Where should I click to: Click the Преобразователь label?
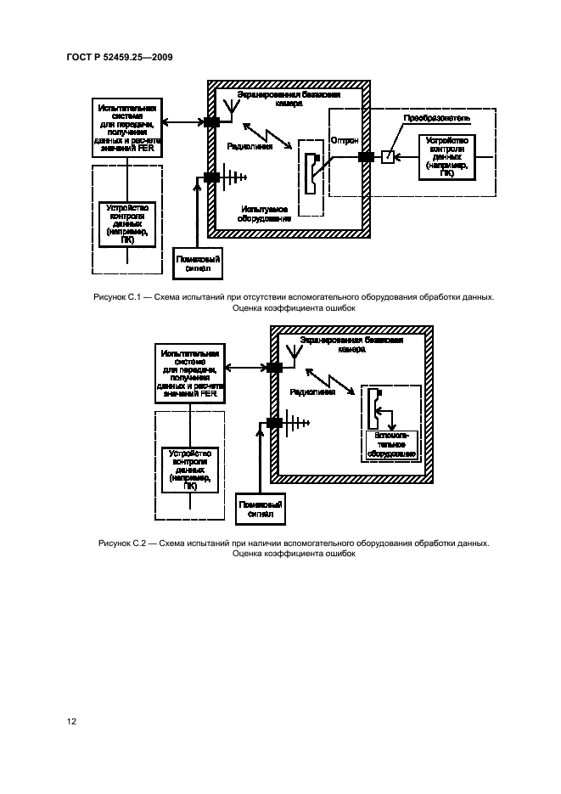(435, 119)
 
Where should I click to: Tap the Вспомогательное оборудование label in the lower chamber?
(390, 444)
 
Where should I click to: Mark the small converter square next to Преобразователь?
(387, 157)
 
